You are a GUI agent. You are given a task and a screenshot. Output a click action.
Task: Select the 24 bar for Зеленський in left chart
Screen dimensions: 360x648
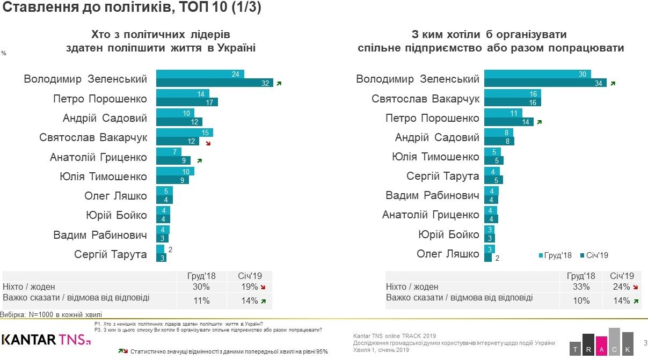point(200,74)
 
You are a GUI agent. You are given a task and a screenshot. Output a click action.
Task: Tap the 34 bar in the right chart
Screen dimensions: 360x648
point(545,83)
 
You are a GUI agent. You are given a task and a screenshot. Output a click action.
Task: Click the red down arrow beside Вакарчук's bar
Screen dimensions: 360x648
point(208,144)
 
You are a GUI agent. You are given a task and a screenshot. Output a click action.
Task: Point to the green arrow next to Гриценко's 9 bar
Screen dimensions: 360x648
point(199,160)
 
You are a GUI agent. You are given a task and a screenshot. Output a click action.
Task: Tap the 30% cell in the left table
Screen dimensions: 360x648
point(201,286)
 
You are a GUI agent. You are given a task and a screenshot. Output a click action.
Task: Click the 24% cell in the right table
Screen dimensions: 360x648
point(621,286)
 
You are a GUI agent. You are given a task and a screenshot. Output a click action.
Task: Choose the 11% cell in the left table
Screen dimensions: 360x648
point(201,300)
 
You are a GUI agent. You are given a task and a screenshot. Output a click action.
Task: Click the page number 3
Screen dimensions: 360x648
point(645,342)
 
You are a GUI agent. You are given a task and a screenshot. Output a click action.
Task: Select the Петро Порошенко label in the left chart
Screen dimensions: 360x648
point(100,99)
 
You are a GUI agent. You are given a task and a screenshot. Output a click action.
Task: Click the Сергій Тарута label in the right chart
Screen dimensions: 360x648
point(442,176)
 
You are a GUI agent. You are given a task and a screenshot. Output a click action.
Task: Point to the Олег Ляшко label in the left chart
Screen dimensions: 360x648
point(115,196)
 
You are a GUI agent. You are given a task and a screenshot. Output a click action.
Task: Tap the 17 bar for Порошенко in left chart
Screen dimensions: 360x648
point(187,102)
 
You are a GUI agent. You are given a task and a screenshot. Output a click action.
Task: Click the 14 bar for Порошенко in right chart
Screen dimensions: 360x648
point(508,122)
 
